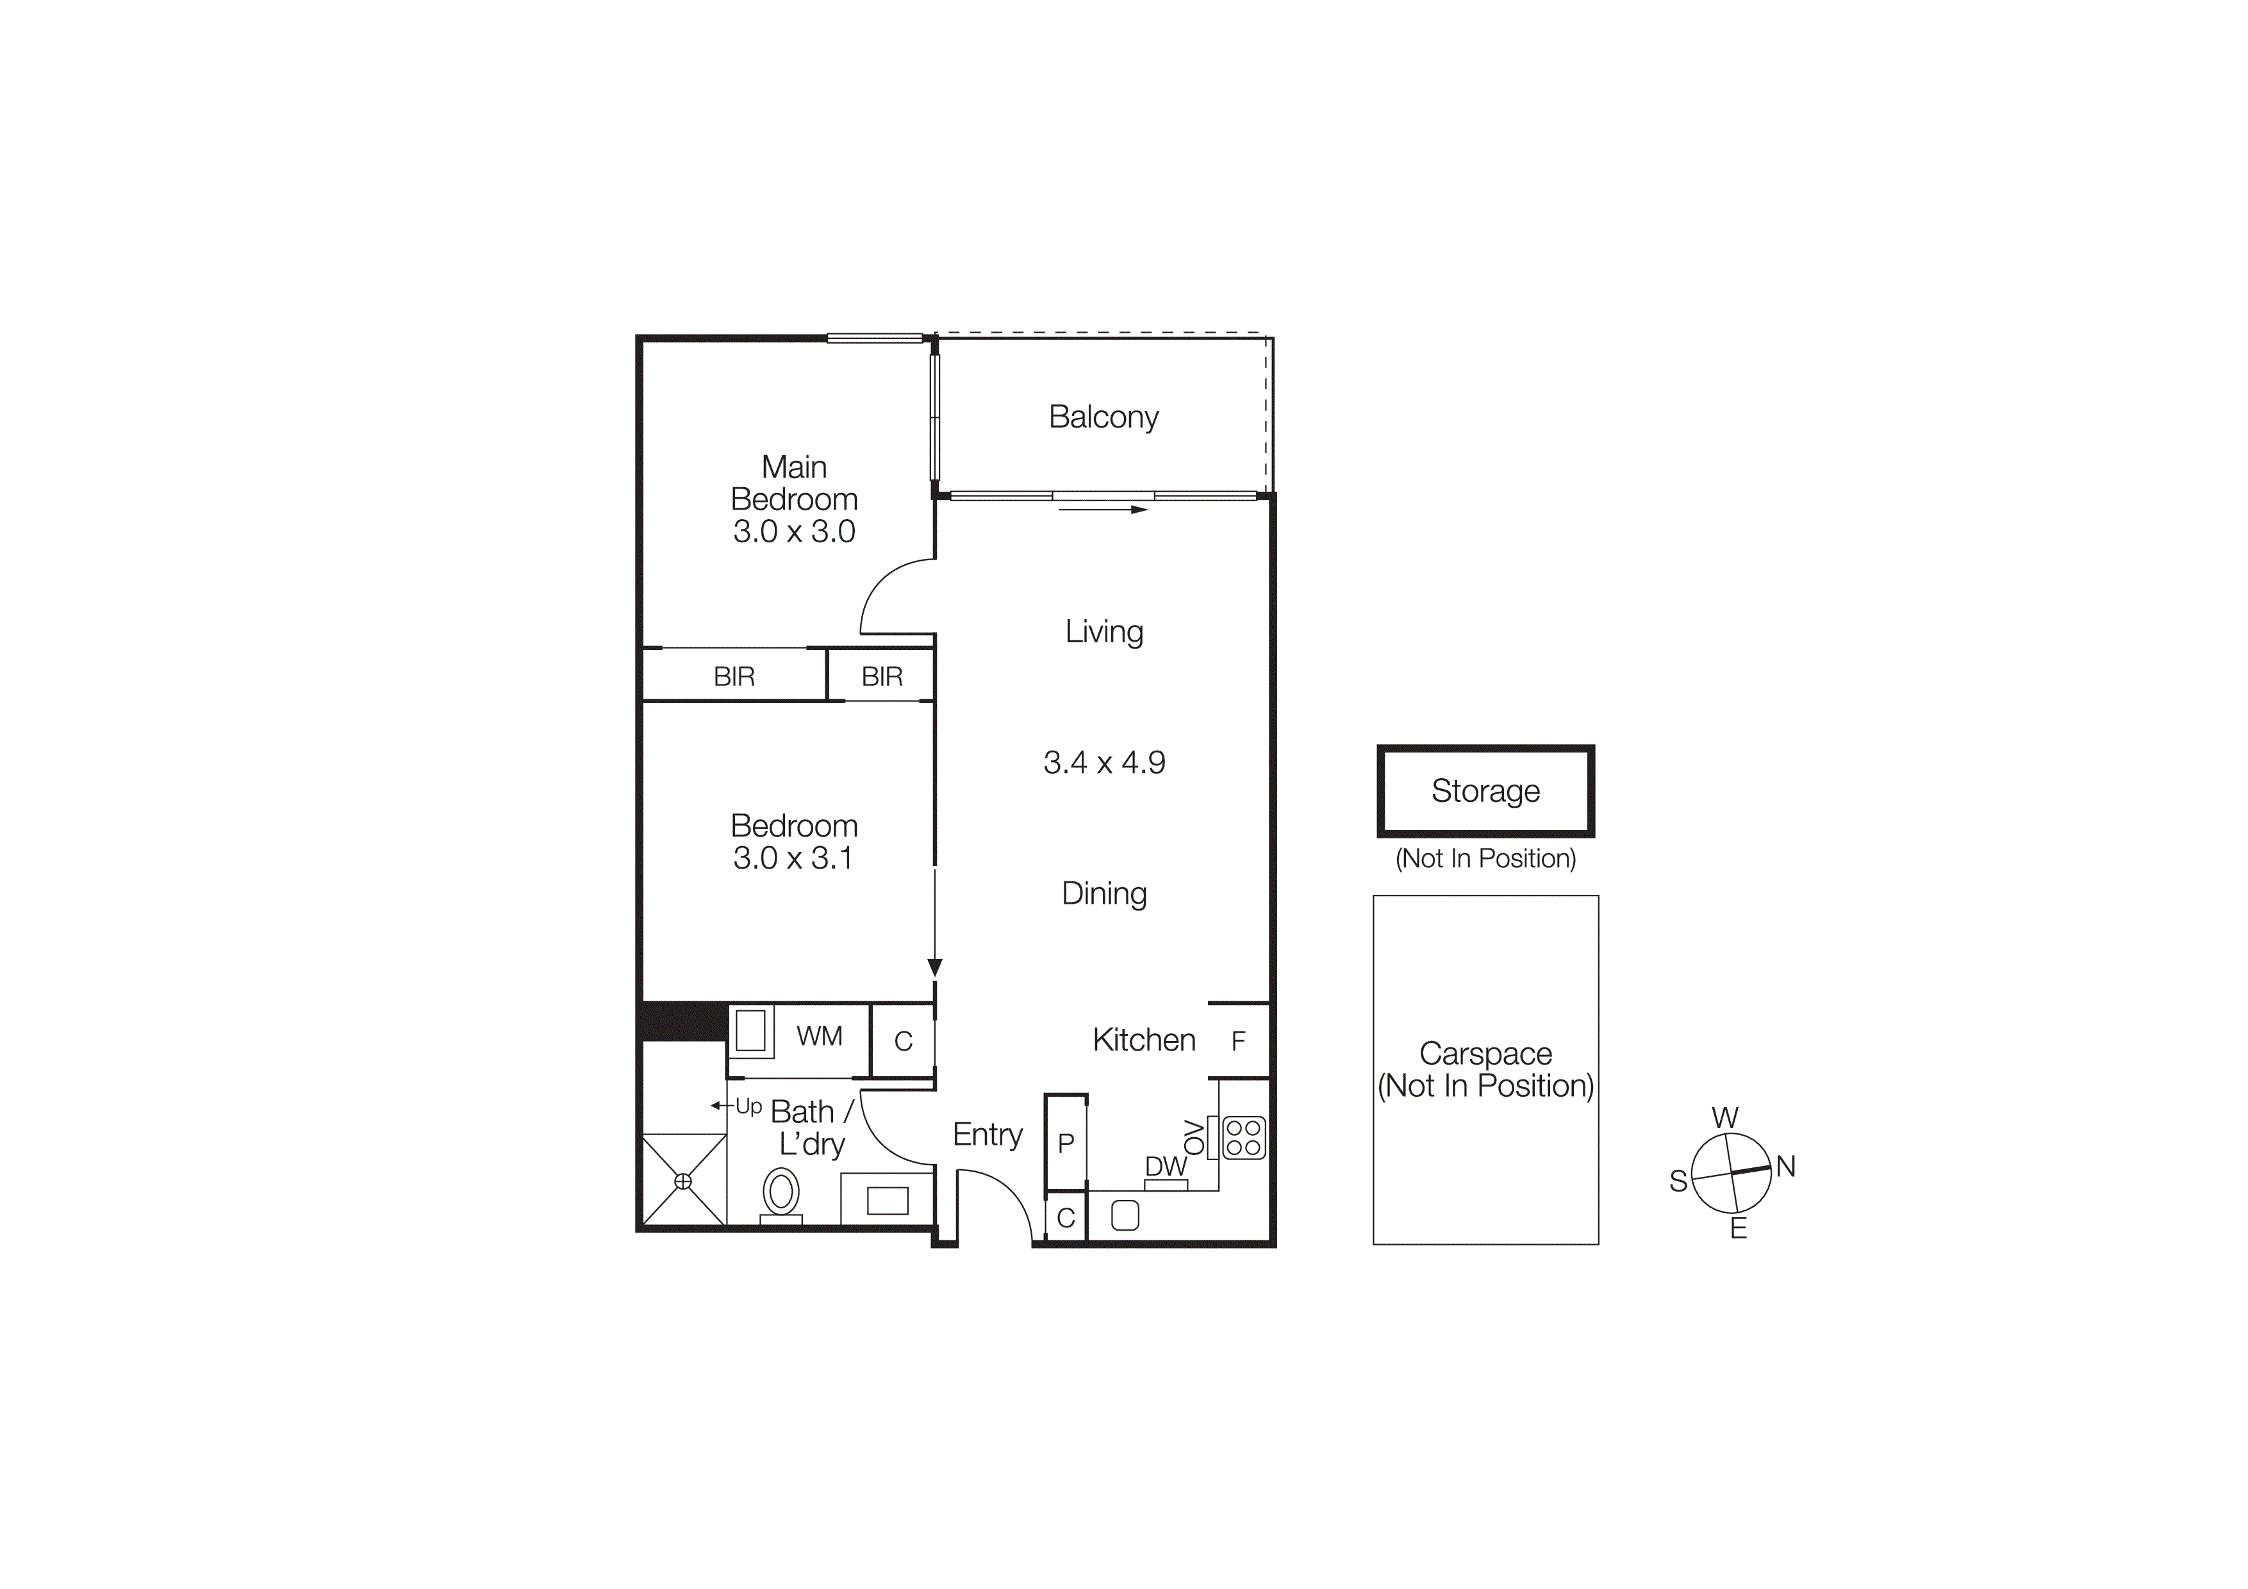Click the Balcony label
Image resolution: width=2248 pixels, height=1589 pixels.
click(1103, 417)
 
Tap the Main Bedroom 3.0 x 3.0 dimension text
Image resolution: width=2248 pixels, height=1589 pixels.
click(794, 531)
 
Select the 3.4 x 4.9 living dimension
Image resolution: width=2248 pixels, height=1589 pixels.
click(1103, 763)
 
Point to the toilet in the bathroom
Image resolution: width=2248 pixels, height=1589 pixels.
click(781, 1192)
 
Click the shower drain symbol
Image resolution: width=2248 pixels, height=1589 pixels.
click(683, 1182)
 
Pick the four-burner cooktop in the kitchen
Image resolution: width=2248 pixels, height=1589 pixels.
click(1243, 1138)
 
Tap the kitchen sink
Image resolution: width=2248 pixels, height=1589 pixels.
click(1125, 1216)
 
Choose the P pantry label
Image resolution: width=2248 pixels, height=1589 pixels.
click(1066, 1142)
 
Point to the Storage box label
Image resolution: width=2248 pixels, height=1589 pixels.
click(1485, 791)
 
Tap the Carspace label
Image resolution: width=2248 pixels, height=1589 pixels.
click(1485, 1054)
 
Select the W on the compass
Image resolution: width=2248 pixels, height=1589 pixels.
click(1725, 1118)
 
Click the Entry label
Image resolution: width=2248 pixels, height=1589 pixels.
click(987, 1135)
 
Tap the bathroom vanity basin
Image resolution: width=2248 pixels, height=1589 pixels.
click(887, 1201)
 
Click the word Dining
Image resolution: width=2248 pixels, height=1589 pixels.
click(1103, 894)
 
